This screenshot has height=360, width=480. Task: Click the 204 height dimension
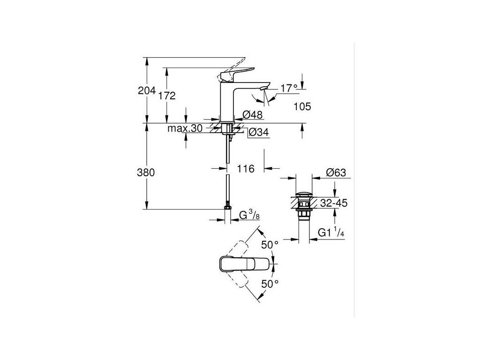point(146,91)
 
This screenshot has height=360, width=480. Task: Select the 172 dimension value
point(167,96)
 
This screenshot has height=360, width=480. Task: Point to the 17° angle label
point(289,88)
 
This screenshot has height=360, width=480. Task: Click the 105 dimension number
point(302,107)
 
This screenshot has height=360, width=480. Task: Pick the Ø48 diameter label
point(253,114)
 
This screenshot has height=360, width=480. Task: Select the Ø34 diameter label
point(258,133)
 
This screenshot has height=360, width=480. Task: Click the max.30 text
point(185,128)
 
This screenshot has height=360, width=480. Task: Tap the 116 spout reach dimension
point(245,168)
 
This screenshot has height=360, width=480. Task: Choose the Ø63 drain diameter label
point(336,173)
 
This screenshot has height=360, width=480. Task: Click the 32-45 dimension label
point(334,203)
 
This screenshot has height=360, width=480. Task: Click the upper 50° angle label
point(270,245)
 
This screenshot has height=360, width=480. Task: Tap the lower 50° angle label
point(270,284)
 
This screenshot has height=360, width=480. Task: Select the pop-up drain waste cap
point(303,194)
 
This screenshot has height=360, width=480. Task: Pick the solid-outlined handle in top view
point(245,264)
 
